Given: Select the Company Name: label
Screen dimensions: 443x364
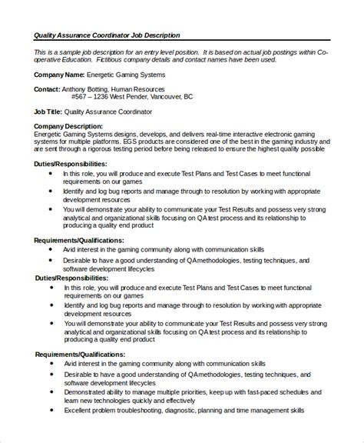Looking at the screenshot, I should click(x=60, y=75).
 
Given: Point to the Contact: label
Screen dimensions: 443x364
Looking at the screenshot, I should click(x=48, y=89).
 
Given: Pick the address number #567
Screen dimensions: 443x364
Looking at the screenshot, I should click(x=80, y=98).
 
